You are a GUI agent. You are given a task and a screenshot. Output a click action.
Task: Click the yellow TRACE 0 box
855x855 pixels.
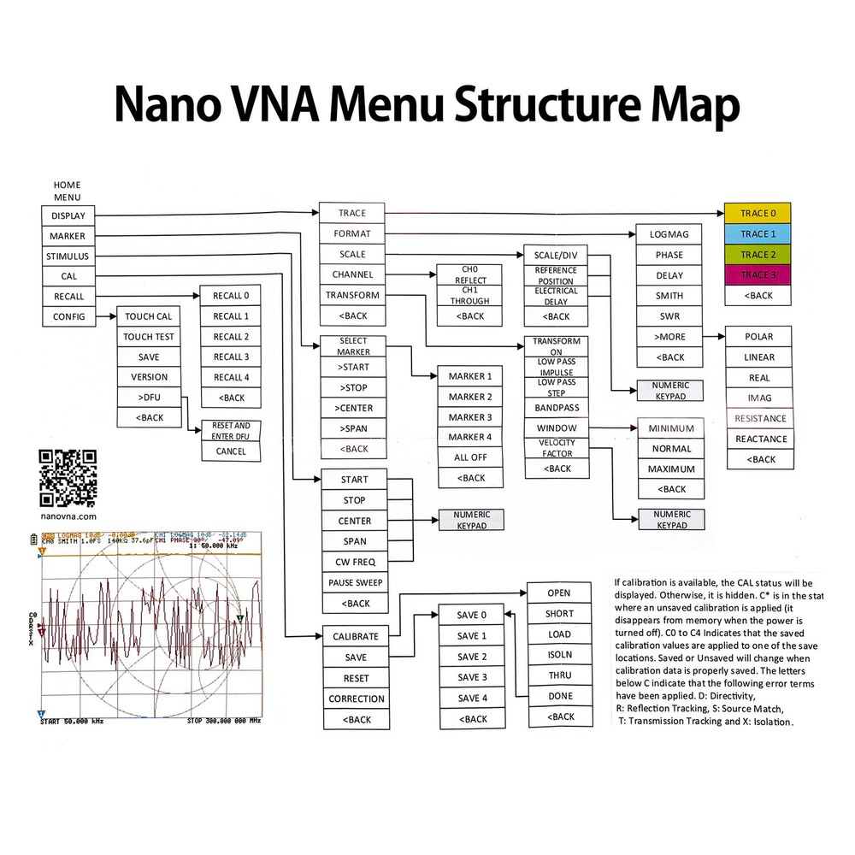(757, 214)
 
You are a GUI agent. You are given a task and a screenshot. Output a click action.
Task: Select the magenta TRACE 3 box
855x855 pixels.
(757, 275)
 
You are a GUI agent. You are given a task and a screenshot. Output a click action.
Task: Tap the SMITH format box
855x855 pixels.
(669, 296)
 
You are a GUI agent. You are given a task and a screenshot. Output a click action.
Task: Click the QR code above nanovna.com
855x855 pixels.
(68, 478)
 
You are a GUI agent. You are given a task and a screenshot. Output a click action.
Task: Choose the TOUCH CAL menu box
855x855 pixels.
(149, 316)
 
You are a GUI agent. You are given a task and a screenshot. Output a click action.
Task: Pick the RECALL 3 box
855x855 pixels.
(231, 357)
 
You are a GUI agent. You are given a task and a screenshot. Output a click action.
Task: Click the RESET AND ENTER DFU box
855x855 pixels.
(231, 430)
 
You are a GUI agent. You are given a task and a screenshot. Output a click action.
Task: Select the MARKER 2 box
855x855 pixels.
(470, 397)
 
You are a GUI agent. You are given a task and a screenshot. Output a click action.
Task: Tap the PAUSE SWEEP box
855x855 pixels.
(356, 582)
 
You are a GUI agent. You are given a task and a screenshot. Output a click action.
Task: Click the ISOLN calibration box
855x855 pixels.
(559, 655)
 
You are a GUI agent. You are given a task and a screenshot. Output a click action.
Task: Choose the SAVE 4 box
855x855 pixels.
(472, 698)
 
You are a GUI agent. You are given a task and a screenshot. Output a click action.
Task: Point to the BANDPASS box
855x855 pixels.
(557, 408)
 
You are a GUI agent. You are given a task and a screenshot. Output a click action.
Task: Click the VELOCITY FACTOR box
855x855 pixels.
(557, 447)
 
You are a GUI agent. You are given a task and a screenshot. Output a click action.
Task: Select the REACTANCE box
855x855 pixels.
(760, 439)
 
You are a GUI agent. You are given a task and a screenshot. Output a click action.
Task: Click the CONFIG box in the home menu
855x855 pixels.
(68, 317)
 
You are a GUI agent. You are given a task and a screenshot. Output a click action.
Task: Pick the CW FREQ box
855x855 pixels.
(356, 562)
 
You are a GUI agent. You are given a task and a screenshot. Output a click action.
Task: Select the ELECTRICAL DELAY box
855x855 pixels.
(557, 296)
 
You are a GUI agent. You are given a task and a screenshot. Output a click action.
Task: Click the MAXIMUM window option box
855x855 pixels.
(671, 469)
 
